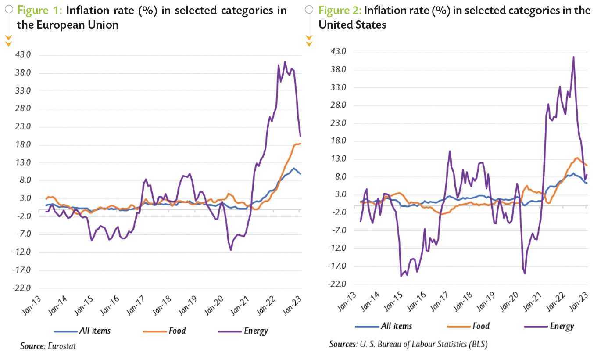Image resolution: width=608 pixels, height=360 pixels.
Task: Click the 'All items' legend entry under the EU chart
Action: [95, 331]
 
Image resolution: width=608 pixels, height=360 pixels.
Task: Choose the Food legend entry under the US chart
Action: [480, 326]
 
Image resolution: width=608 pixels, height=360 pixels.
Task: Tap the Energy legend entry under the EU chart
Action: [256, 331]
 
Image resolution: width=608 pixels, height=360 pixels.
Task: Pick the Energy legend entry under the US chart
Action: [562, 326]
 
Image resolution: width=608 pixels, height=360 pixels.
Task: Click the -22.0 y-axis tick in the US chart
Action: [336, 284]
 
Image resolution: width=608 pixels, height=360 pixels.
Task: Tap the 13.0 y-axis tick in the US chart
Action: [337, 159]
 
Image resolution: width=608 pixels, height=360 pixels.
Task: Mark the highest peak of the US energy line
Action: [573, 57]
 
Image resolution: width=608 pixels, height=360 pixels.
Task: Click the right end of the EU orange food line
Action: [300, 144]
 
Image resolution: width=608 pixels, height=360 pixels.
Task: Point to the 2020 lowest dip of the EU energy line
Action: [231, 250]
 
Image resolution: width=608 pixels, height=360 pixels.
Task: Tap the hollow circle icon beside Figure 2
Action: [309, 9]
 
